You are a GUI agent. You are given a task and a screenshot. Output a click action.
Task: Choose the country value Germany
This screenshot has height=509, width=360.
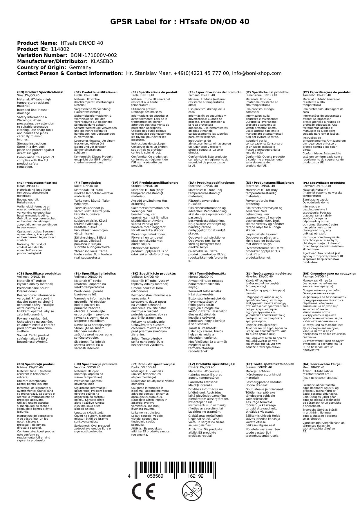(80, 68)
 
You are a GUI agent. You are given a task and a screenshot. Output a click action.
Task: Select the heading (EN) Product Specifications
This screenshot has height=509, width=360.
(40, 92)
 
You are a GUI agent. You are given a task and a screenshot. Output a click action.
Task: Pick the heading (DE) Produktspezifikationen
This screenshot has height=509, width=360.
(96, 92)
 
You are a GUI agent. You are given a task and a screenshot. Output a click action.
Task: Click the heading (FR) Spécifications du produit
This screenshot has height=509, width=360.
(155, 92)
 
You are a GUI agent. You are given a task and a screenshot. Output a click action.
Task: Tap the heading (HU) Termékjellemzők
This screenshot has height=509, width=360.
(207, 273)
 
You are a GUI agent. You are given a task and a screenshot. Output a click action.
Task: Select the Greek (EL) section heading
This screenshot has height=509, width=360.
(269, 273)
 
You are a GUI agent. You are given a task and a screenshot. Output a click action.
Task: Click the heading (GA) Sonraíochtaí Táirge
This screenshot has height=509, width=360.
(322, 364)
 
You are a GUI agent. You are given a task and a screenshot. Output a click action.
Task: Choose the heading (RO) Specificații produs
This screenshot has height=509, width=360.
(36, 364)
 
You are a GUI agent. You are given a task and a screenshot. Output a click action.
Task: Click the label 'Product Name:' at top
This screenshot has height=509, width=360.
(37, 43)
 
